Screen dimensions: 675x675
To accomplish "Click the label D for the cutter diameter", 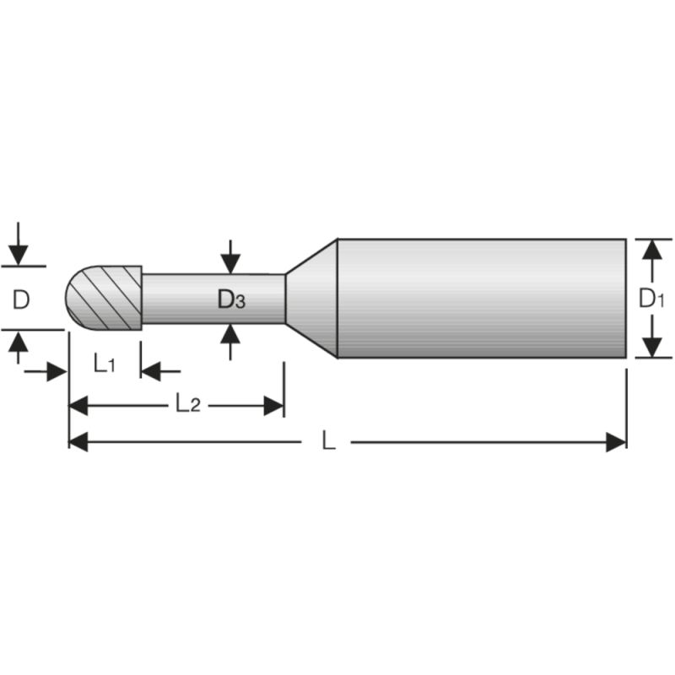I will click(22, 298).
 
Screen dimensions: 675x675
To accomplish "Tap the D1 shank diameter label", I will click(651, 298).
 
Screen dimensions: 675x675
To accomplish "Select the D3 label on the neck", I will click(230, 299).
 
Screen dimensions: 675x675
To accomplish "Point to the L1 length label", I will click(105, 364).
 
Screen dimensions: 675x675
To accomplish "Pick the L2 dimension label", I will click(187, 404).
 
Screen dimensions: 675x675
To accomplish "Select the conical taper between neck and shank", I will click(310, 298).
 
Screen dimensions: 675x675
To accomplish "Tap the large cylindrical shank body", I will click(481, 298).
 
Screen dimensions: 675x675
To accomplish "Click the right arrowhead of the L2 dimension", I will click(273, 406).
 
